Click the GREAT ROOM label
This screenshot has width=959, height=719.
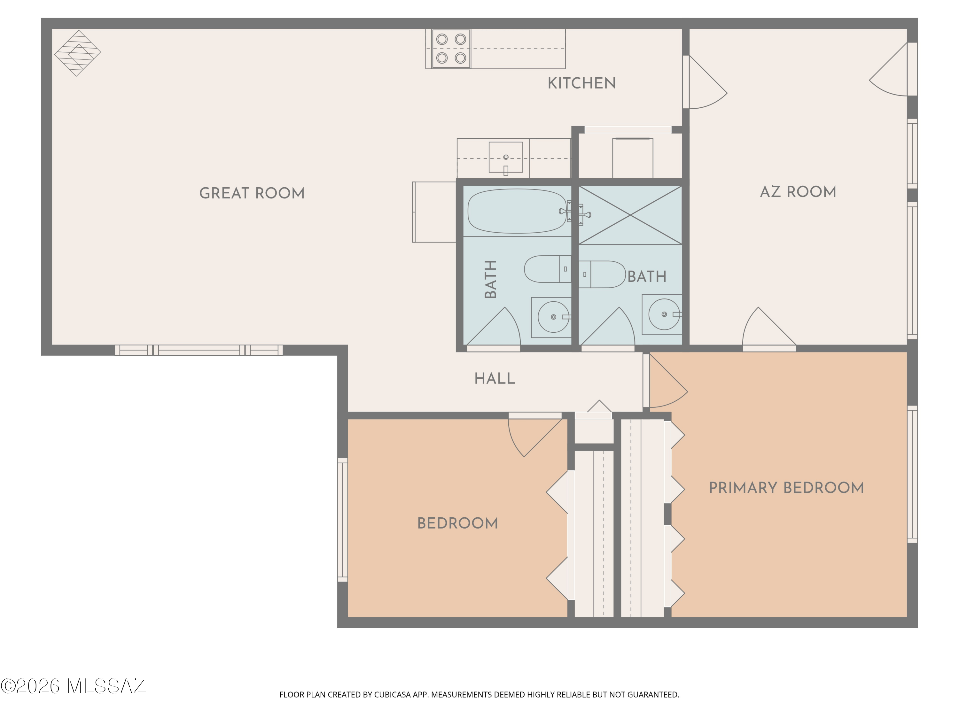pyautogui.click(x=252, y=193)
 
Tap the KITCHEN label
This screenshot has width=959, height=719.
pyautogui.click(x=581, y=83)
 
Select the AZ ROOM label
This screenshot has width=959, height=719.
pyautogui.click(x=798, y=191)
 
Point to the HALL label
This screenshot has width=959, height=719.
pyautogui.click(x=495, y=379)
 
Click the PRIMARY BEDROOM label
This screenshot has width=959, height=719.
pyautogui.click(x=786, y=488)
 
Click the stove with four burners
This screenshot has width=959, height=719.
pyautogui.click(x=451, y=49)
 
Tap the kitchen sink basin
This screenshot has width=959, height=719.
pyautogui.click(x=505, y=157)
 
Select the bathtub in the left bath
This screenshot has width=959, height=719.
pyautogui.click(x=517, y=211)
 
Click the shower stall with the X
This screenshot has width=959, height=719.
pyautogui.click(x=630, y=215)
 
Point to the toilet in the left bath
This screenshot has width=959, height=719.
pyautogui.click(x=548, y=269)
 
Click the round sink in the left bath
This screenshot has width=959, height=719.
pyautogui.click(x=554, y=317)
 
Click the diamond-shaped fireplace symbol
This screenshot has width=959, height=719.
pyautogui.click(x=77, y=53)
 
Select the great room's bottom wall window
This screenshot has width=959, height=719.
pyautogui.click(x=199, y=350)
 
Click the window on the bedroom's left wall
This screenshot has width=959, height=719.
pyautogui.click(x=342, y=520)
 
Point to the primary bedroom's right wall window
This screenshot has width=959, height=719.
pyautogui.click(x=912, y=474)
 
